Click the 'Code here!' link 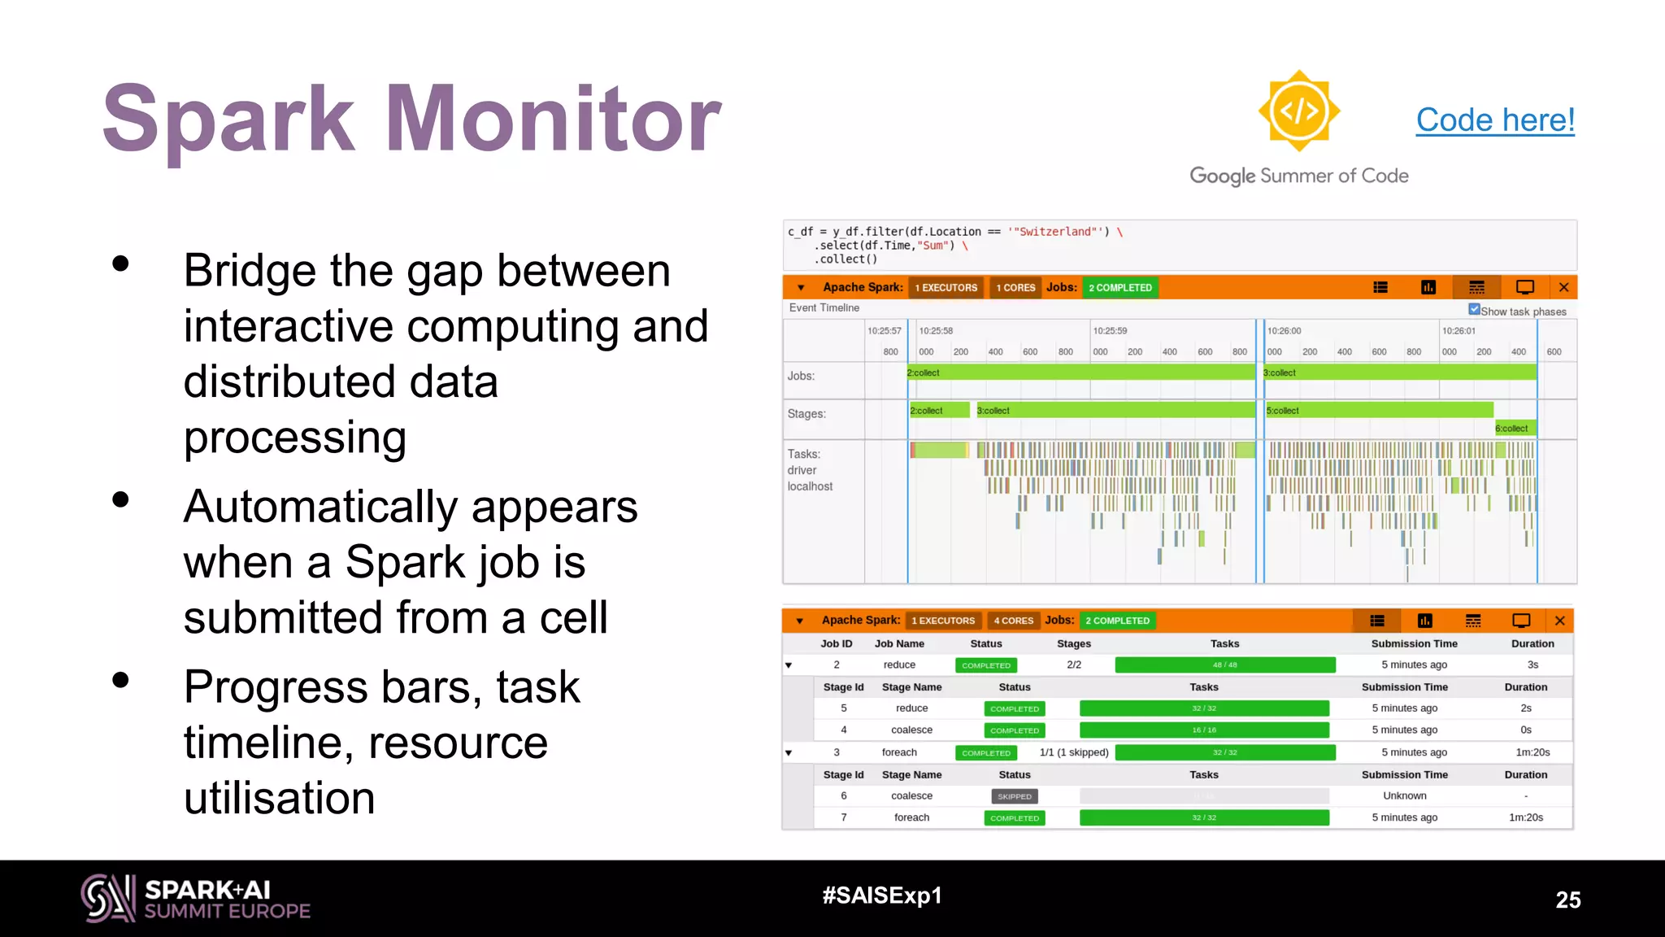[x=1494, y=120]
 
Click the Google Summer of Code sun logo [x=1298, y=111]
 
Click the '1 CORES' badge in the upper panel [x=1015, y=288]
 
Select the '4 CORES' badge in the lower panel [x=1013, y=621]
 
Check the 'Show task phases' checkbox [x=1474, y=310]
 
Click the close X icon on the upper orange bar [x=1563, y=287]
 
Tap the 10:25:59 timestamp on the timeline [x=1110, y=331]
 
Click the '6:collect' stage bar [x=1511, y=429]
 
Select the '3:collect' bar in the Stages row [x=1114, y=411]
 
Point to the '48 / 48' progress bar [x=1224, y=665]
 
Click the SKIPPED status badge [x=1014, y=797]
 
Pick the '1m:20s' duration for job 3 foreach [x=1532, y=752]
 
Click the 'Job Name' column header [x=899, y=643]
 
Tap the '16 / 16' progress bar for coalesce [x=1204, y=730]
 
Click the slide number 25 [x=1567, y=900]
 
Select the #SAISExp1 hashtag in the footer [x=881, y=896]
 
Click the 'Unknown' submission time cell [x=1404, y=796]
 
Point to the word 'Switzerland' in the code [x=1055, y=232]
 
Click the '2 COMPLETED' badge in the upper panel [x=1119, y=288]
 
